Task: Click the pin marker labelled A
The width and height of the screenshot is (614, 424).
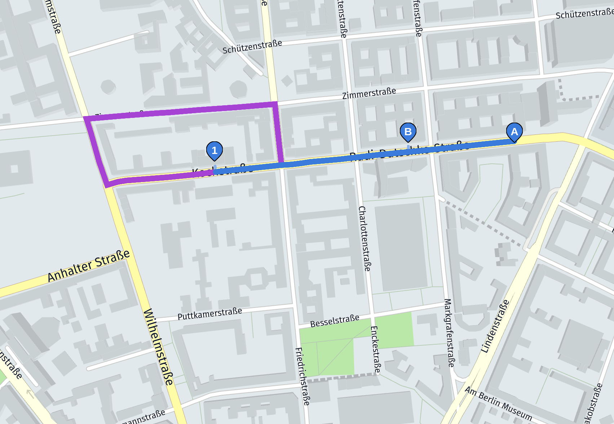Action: coord(514,132)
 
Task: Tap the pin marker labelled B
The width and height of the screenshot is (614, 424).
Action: coord(408,132)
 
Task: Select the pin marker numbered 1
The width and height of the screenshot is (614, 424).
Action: coord(215,150)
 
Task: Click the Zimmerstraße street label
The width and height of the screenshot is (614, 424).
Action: coord(369,93)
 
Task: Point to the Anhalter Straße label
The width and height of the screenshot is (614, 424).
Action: coord(89,266)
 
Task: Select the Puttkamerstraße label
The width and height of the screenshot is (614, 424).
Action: coord(209,314)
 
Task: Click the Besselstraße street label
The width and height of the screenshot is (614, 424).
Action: coord(335,321)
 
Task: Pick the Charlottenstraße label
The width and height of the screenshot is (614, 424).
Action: coord(365,238)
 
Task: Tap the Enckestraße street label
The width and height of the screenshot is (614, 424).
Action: coord(375,349)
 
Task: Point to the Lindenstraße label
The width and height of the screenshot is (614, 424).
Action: coord(495,326)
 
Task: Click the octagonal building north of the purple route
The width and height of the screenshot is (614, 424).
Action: coord(238,89)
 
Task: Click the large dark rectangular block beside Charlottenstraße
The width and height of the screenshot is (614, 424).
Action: coord(401,247)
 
